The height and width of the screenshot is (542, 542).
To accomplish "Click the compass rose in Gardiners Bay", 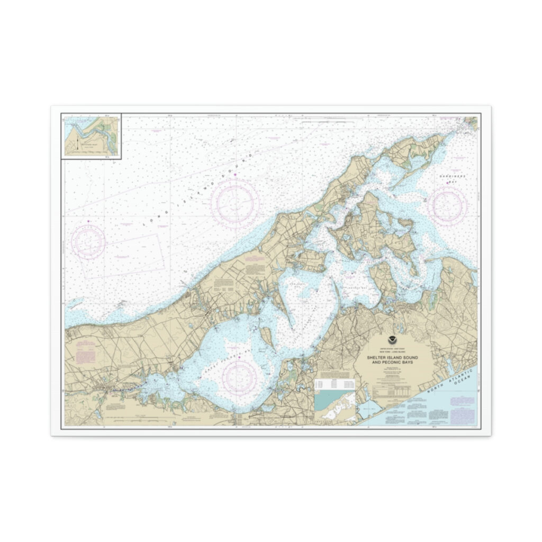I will click(447, 205).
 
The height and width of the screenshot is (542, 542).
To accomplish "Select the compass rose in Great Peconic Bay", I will click(239, 377).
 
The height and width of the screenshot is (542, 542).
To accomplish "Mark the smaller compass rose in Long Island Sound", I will click(88, 241).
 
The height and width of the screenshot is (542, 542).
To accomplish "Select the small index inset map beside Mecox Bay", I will click(336, 408).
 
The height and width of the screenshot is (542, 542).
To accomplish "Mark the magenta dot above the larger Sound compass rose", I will click(234, 175).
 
